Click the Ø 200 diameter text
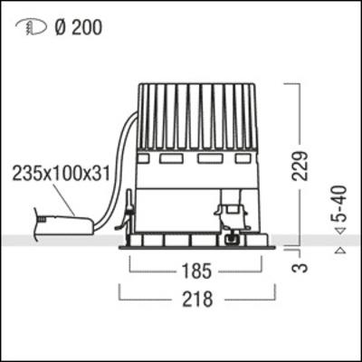coord(78,27)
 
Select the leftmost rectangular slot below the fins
coord(146,159)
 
